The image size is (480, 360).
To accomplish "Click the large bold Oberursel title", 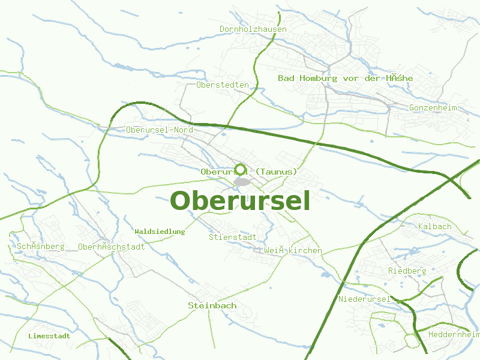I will point(240,200).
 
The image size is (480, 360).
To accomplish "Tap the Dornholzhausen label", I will point(253,29).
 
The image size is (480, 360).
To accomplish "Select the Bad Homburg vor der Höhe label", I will point(345,79).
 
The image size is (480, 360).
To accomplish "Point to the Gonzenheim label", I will point(433,108).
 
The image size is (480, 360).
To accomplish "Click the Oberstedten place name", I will point(222,85).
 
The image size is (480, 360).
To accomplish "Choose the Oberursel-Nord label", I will point(160,130).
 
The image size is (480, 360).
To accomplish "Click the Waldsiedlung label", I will point(160,232).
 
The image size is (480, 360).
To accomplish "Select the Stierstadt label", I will point(233,237).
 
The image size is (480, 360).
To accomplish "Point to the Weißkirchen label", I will point(292,250).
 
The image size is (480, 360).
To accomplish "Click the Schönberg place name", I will point(41,247).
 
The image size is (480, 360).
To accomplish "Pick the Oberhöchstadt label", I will point(112,247).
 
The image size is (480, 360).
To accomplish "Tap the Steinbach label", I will point(212,305).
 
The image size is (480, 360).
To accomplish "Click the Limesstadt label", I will point(49,336).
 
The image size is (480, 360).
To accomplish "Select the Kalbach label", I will point(434,226).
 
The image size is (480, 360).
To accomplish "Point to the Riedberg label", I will point(407,271).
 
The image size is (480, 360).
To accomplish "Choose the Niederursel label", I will point(364,299).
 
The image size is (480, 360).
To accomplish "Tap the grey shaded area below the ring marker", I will point(242,182).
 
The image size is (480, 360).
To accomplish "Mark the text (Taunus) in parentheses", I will point(276,172).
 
